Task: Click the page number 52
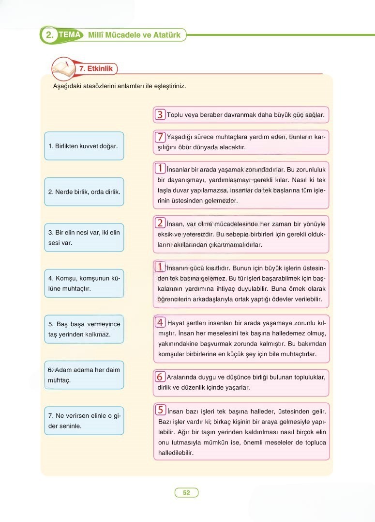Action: click(x=186, y=492)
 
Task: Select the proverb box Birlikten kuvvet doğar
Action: click(x=84, y=146)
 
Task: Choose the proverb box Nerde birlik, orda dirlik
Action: click(x=84, y=191)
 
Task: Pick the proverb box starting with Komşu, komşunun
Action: click(x=84, y=284)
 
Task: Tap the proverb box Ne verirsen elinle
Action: click(x=84, y=421)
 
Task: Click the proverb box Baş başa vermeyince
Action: click(x=84, y=329)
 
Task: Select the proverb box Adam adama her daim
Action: click(x=84, y=375)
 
